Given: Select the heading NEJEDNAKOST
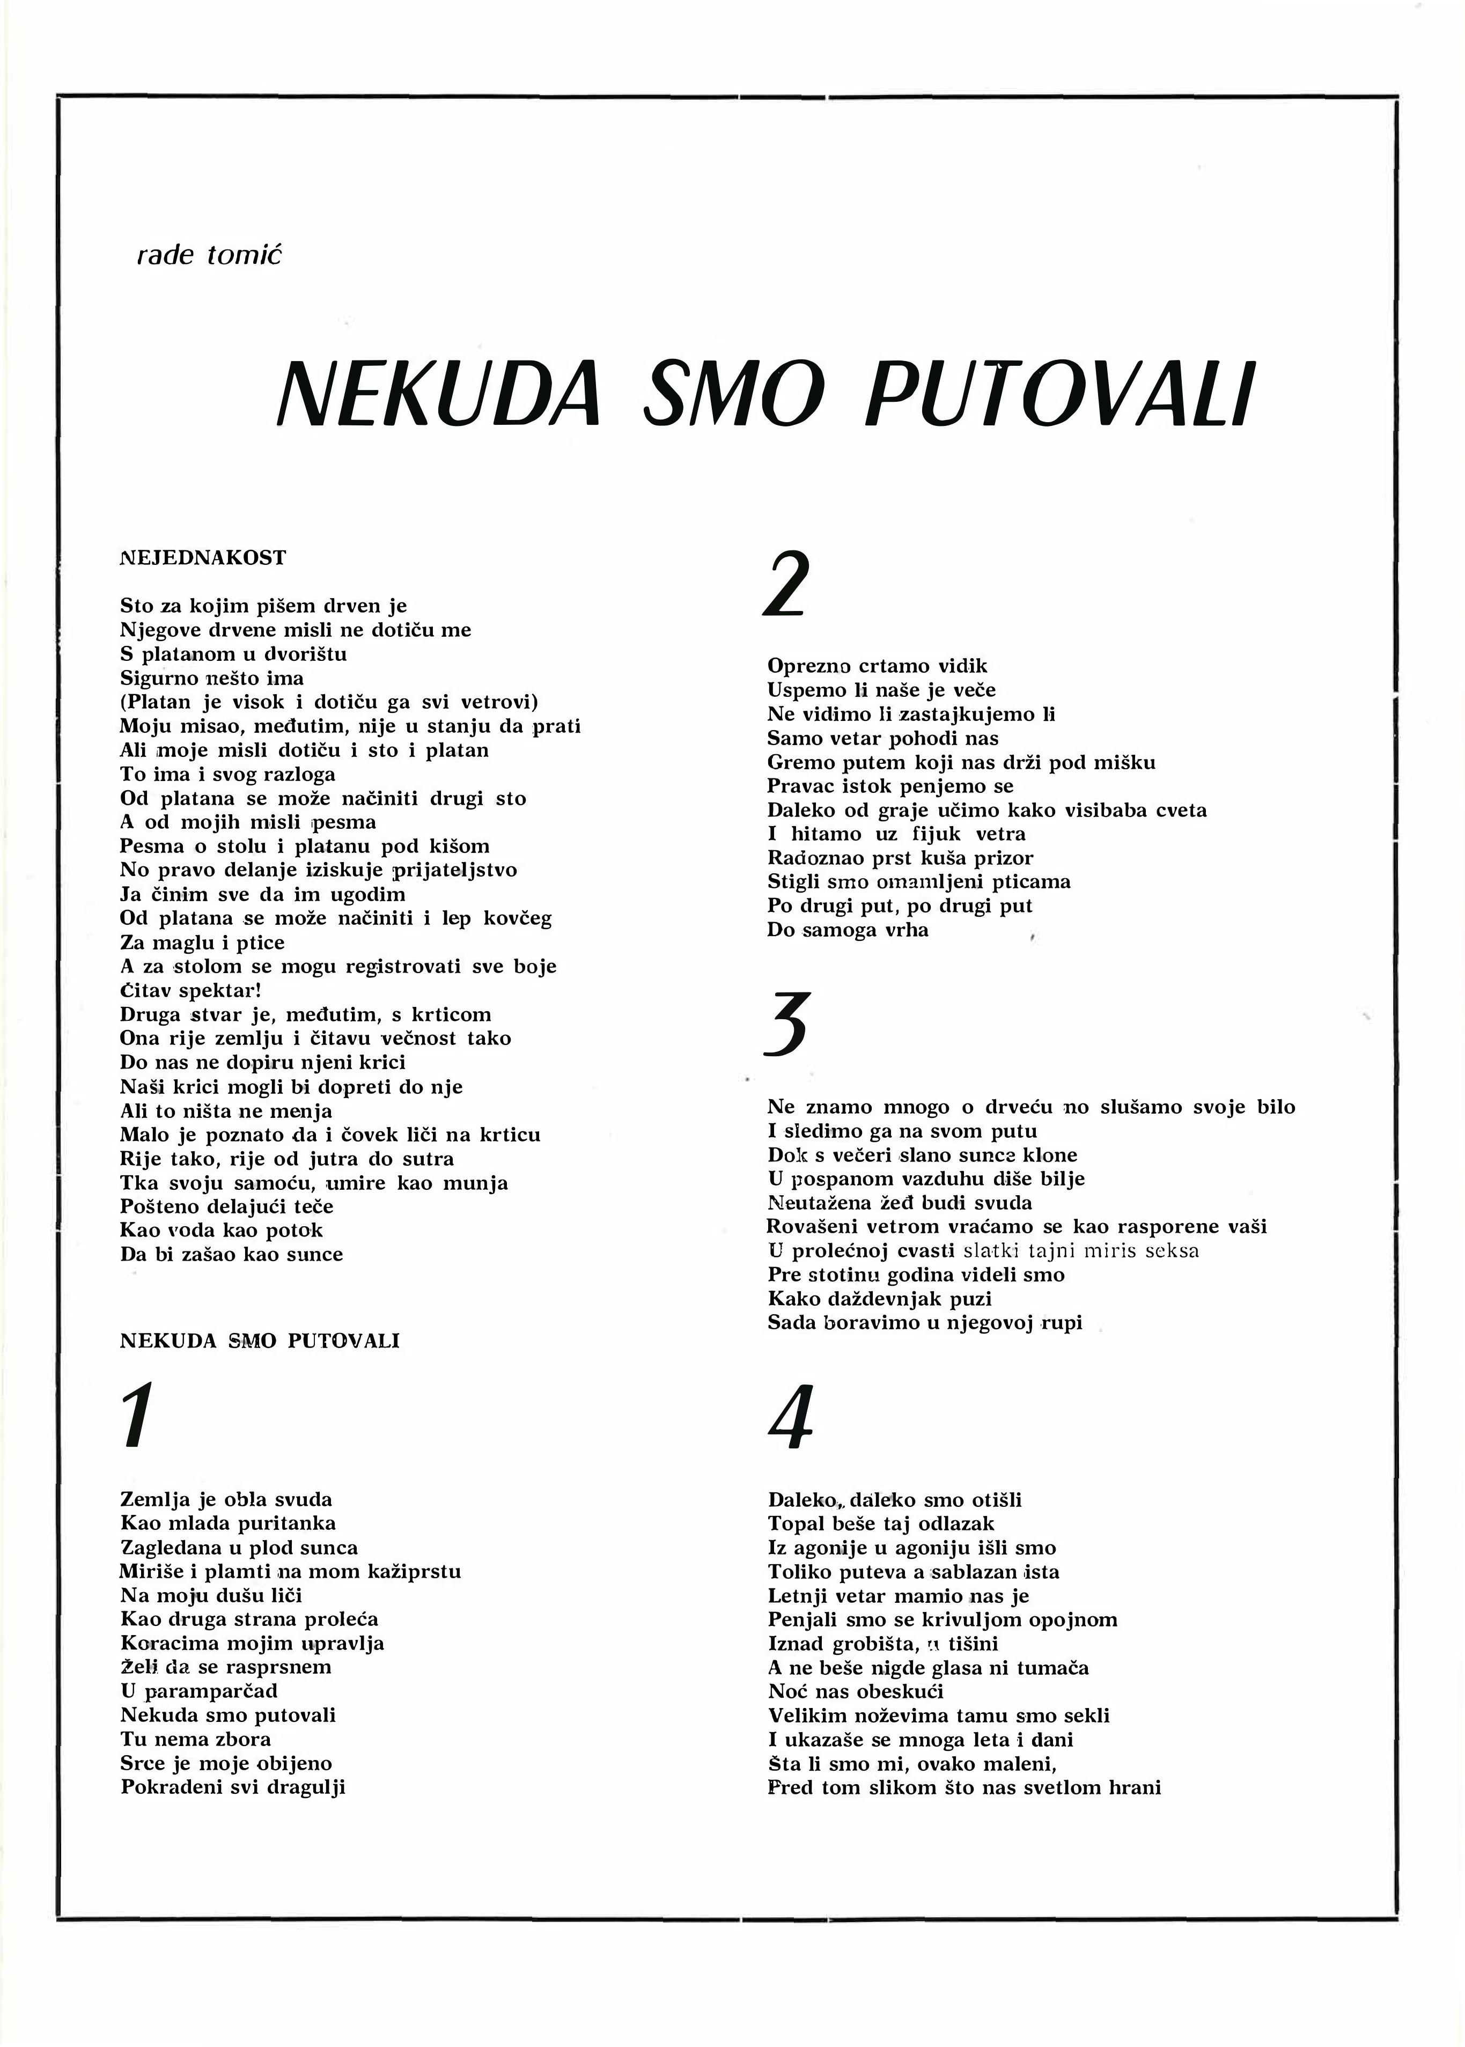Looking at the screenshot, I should tap(203, 557).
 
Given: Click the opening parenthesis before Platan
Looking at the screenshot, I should tap(123, 702).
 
